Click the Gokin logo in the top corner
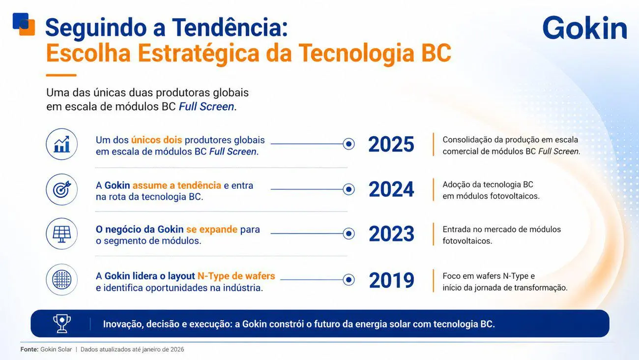pyautogui.click(x=584, y=28)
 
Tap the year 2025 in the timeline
pyautogui.click(x=391, y=144)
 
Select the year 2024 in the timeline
pyautogui.click(x=391, y=189)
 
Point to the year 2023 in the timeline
pyautogui.click(x=391, y=234)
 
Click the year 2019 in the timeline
pyautogui.click(x=391, y=280)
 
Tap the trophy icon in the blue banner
pyautogui.click(x=62, y=324)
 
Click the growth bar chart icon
pyautogui.click(x=61, y=144)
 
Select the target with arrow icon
pyautogui.click(x=61, y=189)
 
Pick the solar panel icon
pyautogui.click(x=61, y=234)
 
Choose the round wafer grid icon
pyautogui.click(x=61, y=279)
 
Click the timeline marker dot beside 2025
pyautogui.click(x=349, y=144)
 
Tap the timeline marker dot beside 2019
pyautogui.click(x=349, y=280)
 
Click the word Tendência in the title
pyautogui.click(x=230, y=27)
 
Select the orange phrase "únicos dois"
pyautogui.click(x=156, y=140)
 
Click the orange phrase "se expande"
pyautogui.click(x=212, y=229)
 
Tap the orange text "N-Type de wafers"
pyautogui.click(x=236, y=276)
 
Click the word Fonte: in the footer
pyautogui.click(x=29, y=350)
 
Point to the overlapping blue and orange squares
pyautogui.click(x=24, y=24)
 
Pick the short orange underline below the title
pyautogui.click(x=61, y=75)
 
